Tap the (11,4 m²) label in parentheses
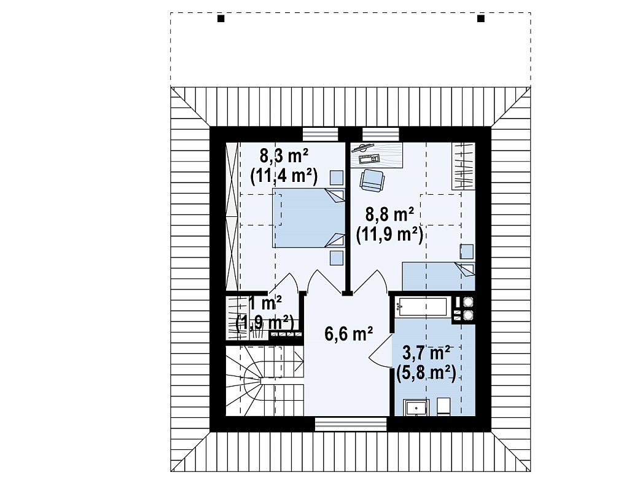pyautogui.click(x=284, y=176)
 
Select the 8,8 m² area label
pyautogui.click(x=389, y=214)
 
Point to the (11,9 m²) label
pyautogui.click(x=389, y=234)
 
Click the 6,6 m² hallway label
pyautogui.click(x=349, y=334)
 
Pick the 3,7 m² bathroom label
pyautogui.click(x=426, y=353)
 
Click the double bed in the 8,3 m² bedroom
pyautogui.click(x=308, y=218)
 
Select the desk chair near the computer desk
pyautogui.click(x=372, y=180)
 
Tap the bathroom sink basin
pyautogui.click(x=416, y=407)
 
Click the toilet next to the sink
pyautogui.click(x=443, y=406)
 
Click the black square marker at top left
pyautogui.click(x=221, y=18)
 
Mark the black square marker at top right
pyautogui.click(x=480, y=18)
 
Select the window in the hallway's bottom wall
pyautogui.click(x=351, y=424)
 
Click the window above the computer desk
pyautogui.click(x=381, y=134)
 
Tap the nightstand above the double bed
pyautogui.click(x=337, y=178)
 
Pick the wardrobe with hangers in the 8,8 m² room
pyautogui.click(x=463, y=166)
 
